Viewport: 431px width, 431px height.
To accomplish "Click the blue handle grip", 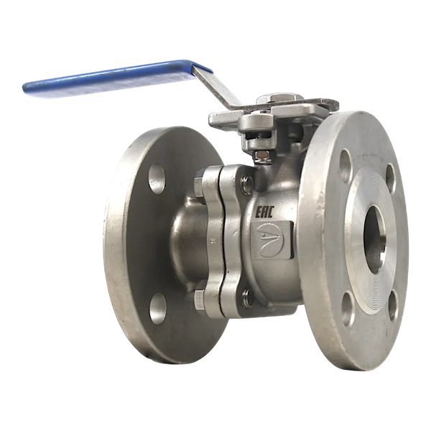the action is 116,78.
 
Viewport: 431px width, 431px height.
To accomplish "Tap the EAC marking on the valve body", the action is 264,212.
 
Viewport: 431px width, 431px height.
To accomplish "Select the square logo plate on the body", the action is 272,241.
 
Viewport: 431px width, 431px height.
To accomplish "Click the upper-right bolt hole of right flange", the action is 390,178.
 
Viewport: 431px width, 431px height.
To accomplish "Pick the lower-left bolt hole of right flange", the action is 348,309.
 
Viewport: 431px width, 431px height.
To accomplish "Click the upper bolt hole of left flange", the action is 157,179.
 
